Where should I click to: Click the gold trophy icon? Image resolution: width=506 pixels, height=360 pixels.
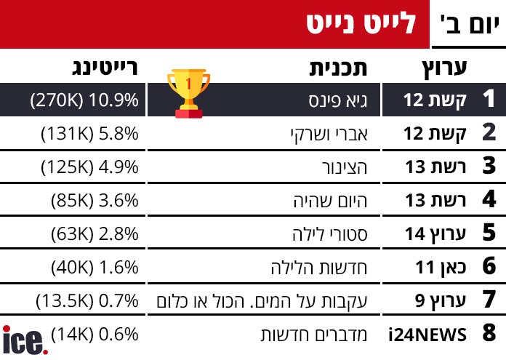[x=188, y=92]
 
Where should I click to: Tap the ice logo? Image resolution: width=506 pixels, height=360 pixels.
[x=23, y=340]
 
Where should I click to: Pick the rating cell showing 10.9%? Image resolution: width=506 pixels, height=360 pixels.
[x=84, y=100]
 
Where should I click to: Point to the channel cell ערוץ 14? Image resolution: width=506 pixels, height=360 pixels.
[x=435, y=233]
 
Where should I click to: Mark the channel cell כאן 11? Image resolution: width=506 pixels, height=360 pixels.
[x=439, y=267]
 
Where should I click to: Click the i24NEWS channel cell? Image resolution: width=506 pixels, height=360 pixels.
[x=427, y=335]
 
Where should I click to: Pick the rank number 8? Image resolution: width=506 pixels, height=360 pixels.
[x=489, y=334]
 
